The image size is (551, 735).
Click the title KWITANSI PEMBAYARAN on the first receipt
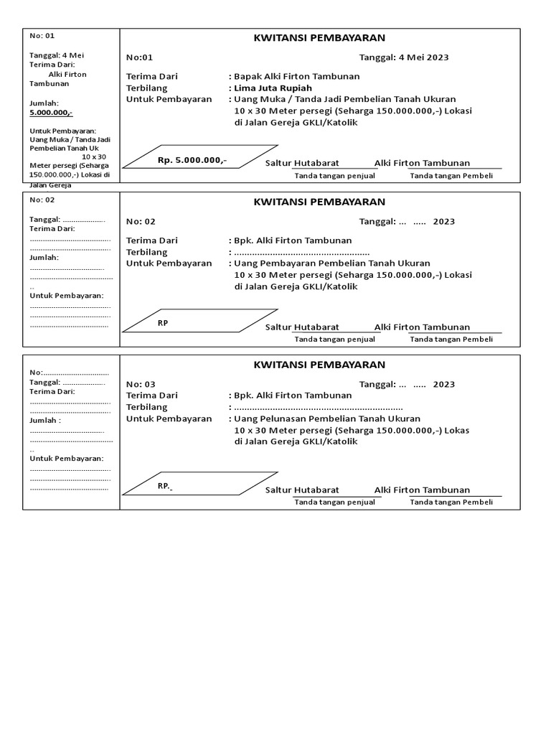click(319, 38)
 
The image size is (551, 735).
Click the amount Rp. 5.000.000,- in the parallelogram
click(192, 160)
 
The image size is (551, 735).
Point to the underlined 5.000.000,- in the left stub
click(51, 113)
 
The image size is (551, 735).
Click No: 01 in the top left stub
click(42, 36)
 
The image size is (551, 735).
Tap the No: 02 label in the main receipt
click(141, 222)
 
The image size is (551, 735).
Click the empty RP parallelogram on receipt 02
click(199, 321)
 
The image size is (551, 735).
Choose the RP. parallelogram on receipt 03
click(199, 484)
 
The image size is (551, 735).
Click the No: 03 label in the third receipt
click(141, 384)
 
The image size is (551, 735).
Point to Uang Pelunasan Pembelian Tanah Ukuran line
click(327, 418)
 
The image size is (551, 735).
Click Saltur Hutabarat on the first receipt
click(302, 164)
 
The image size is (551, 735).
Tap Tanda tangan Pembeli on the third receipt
click(451, 502)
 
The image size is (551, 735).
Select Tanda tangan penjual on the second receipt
click(334, 339)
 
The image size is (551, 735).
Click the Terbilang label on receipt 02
click(146, 252)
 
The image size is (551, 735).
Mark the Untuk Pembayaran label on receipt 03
click(169, 418)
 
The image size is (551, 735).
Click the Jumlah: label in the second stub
click(44, 257)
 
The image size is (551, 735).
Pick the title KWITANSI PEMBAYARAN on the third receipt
click(319, 365)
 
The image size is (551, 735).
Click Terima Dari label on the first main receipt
click(151, 76)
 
